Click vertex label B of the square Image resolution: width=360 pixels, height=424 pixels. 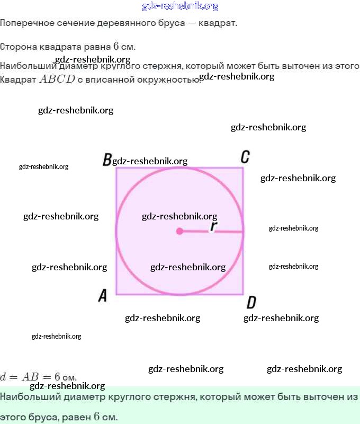click(107, 160)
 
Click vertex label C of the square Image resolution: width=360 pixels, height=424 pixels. click(245, 157)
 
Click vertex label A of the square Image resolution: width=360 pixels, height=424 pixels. click(103, 296)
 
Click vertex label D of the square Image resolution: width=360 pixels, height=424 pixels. click(251, 303)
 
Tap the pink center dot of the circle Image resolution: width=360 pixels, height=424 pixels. click(179, 231)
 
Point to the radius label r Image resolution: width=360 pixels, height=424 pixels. click(213, 226)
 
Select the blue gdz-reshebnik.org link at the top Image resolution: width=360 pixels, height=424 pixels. click(180, 6)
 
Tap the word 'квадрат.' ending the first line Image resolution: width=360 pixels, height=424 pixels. click(221, 24)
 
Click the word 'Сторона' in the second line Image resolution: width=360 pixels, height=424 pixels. click(17, 47)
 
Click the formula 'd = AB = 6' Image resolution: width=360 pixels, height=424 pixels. click(30, 377)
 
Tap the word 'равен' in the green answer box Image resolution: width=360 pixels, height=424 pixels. click(76, 417)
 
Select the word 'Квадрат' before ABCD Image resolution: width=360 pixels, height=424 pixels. click(18, 80)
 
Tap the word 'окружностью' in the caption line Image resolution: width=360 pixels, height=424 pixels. click(165, 80)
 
